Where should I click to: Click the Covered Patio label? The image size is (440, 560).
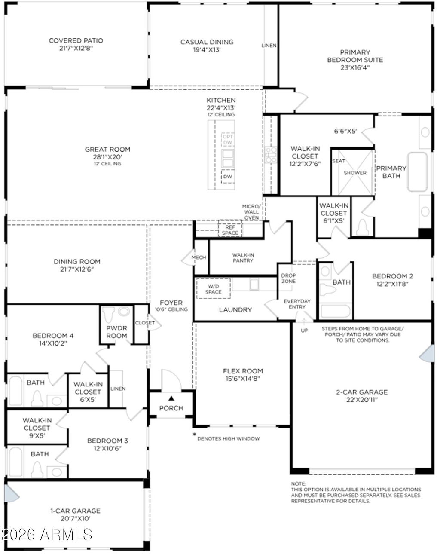click(x=76, y=41)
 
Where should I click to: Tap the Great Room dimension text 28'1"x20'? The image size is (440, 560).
click(x=107, y=157)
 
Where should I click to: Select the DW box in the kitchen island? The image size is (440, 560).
click(x=228, y=177)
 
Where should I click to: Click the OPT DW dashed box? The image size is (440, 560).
click(x=228, y=139)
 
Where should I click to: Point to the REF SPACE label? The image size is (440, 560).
click(x=230, y=230)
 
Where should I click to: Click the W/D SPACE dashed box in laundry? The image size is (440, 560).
click(x=213, y=288)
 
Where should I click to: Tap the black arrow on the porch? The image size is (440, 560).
click(x=171, y=398)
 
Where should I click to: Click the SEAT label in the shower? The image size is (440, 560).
click(x=339, y=161)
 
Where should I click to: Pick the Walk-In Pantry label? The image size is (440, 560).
click(x=243, y=257)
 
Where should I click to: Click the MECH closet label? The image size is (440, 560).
click(x=199, y=257)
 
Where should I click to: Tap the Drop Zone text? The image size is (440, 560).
click(x=288, y=278)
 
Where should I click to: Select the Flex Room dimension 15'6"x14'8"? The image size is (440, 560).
click(x=243, y=379)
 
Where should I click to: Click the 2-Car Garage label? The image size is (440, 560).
click(x=361, y=392)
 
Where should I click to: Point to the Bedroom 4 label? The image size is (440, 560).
click(x=50, y=335)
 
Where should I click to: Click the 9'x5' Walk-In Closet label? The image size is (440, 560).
click(x=37, y=428)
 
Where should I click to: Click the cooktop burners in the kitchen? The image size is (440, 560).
click(x=271, y=155)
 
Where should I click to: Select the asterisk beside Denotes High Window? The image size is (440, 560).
click(x=194, y=435)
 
